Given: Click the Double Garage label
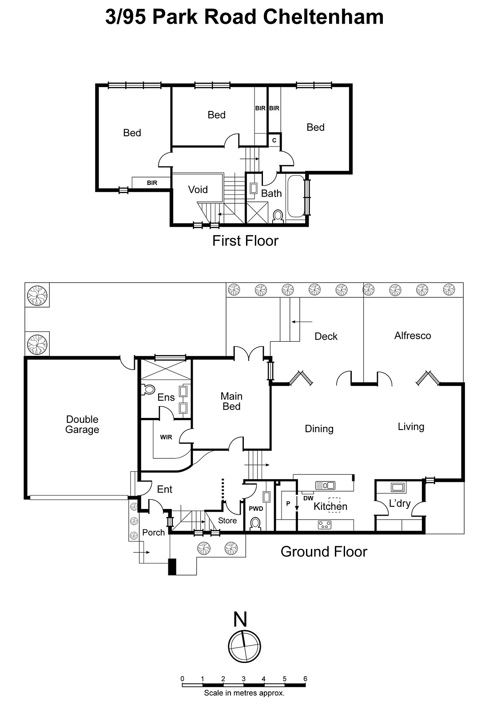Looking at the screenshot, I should pos(82,424).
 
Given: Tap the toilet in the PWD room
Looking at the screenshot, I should pos(256,524).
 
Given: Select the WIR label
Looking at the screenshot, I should pos(166,437).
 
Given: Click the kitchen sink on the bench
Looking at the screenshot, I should pos(325,485).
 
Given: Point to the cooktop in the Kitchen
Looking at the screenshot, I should pos(325,525).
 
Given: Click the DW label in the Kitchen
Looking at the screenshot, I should pos(308,498).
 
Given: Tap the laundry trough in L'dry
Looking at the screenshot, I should pos(397,487).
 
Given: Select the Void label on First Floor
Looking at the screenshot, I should pos(198,189).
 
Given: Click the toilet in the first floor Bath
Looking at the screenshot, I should pos(278,216).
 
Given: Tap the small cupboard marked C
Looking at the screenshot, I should pos(274,140).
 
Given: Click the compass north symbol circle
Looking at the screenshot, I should pos(244,647).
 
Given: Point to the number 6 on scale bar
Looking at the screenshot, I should pos(305,678).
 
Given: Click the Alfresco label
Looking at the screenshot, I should pos(412,335).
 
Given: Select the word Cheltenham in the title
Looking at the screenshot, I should pos(323,17).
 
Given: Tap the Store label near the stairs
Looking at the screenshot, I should pos(227,521).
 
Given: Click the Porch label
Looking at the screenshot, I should pos(153,532).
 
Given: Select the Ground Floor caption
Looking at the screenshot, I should pos(324,552).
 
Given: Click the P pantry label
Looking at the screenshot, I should pos(288,504).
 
